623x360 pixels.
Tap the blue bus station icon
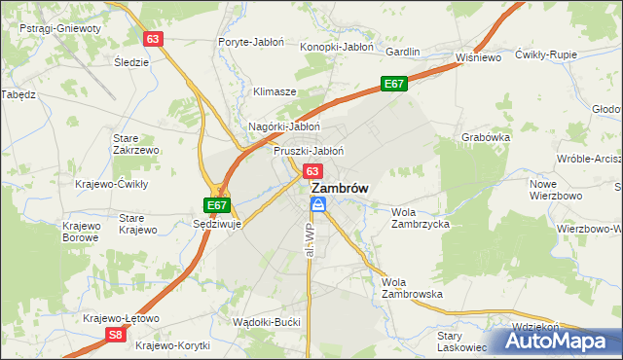point(318,203)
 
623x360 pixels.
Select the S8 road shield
point(116,335)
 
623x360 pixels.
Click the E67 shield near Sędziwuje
point(217,205)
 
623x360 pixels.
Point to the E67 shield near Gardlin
point(393,85)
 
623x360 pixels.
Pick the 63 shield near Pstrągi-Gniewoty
point(153,39)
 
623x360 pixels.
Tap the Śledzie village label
point(131,62)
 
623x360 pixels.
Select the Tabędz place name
point(18,94)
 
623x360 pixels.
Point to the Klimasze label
point(275,91)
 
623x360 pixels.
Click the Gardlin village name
point(402,51)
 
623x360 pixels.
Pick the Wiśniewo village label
point(478,57)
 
